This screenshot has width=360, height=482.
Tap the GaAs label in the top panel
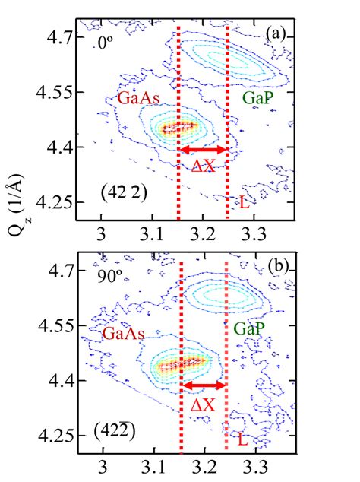137,100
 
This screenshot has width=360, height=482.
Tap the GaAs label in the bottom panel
122,333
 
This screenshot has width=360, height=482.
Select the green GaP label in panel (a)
257,98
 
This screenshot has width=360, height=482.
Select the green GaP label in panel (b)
249,329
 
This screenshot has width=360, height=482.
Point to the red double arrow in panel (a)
203,150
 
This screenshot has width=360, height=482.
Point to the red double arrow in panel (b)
202,386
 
